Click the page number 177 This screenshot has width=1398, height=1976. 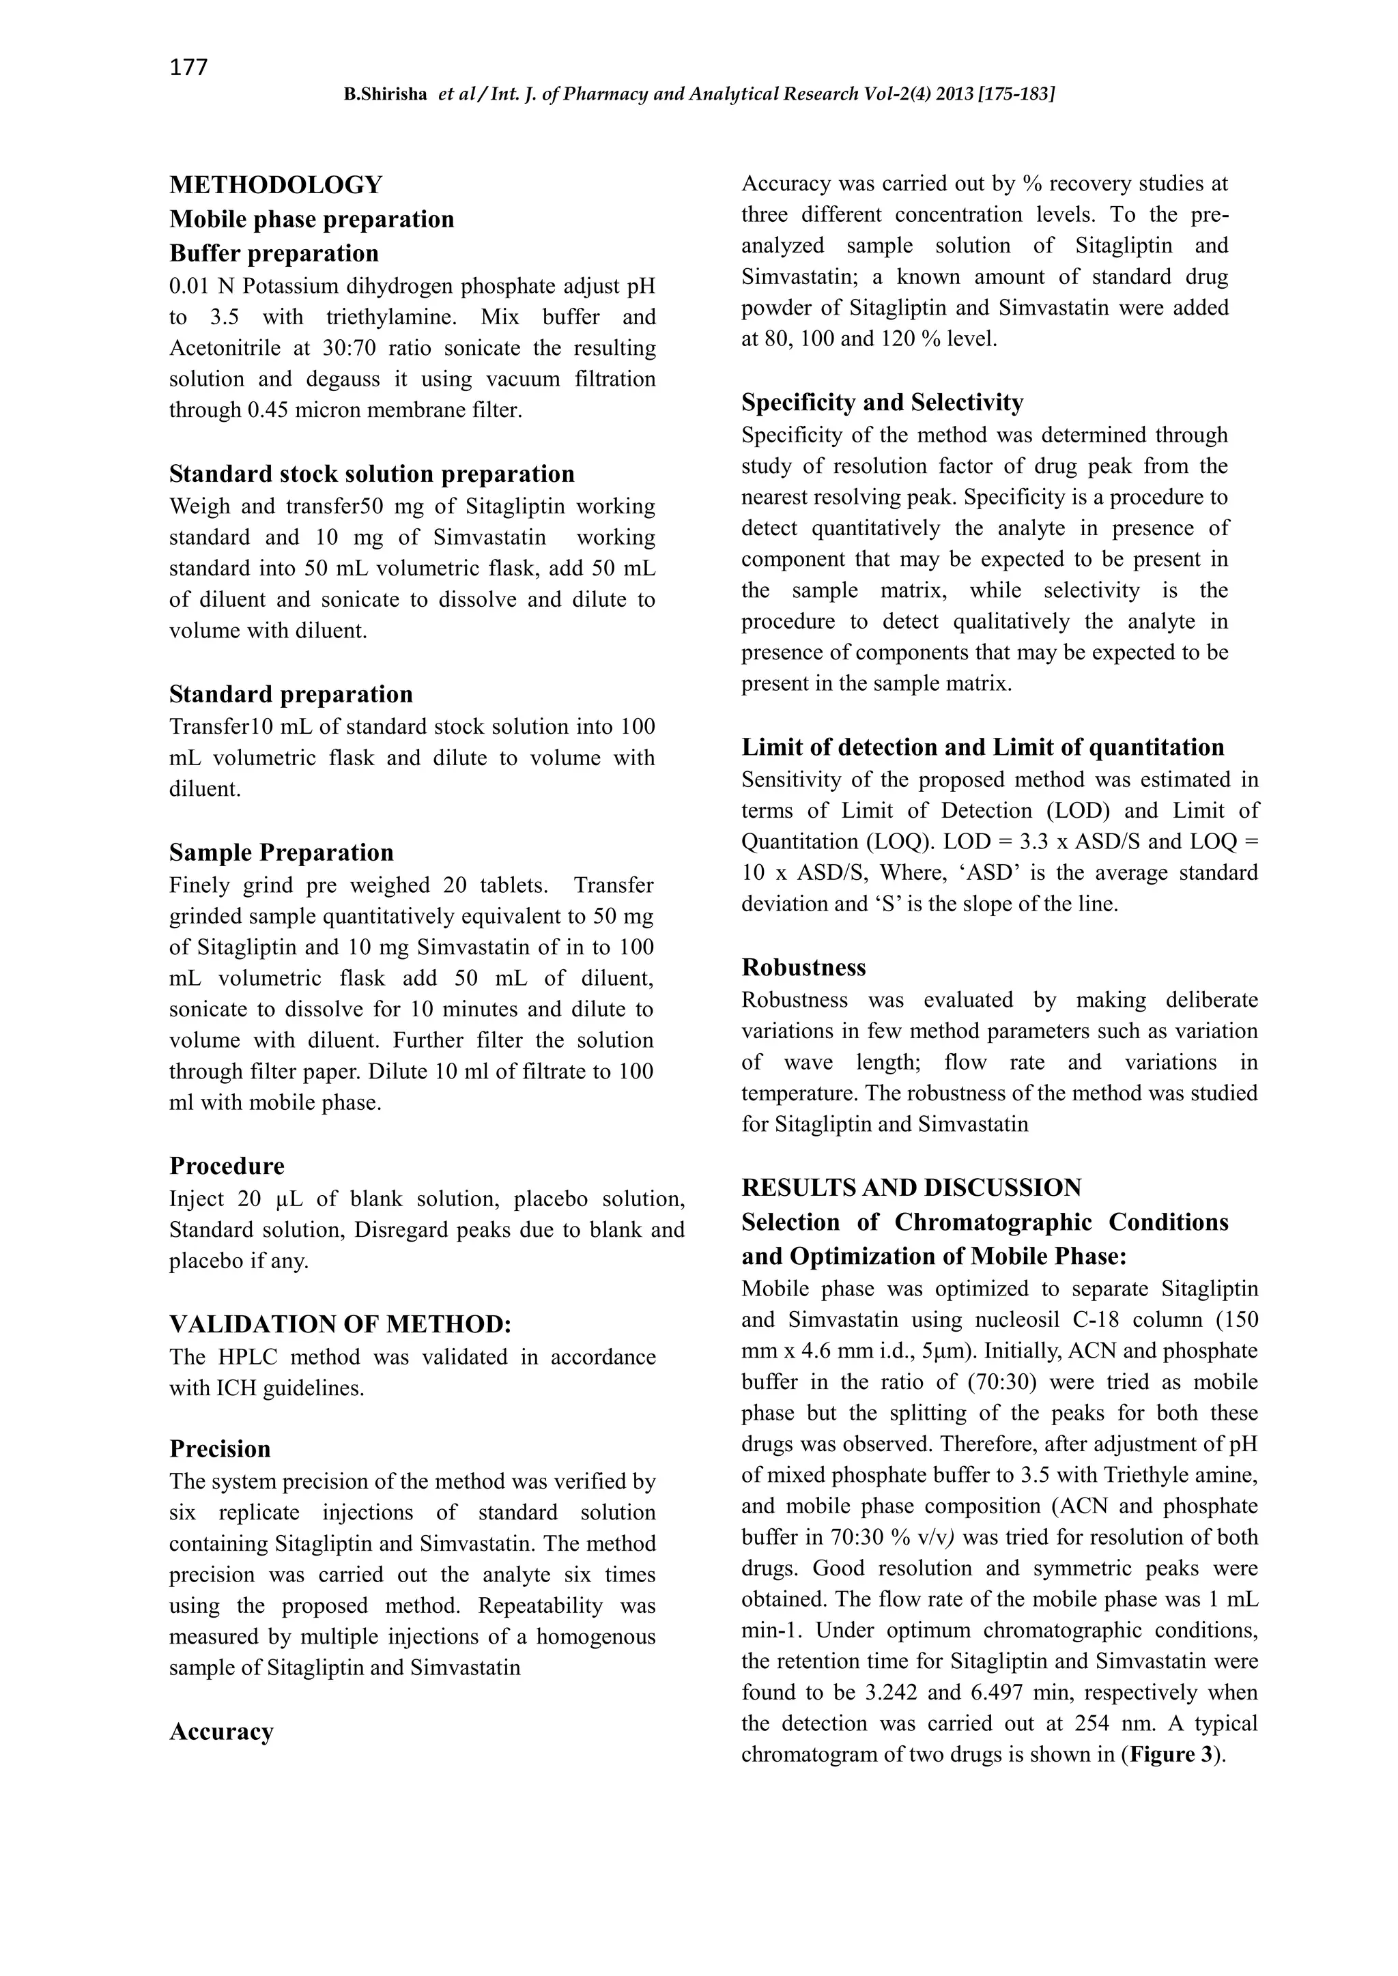point(188,67)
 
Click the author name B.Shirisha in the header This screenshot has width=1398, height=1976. point(385,95)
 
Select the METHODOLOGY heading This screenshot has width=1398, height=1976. point(276,185)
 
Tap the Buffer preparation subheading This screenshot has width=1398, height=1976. point(274,253)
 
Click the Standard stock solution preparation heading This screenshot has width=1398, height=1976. point(372,474)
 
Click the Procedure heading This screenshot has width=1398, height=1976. point(227,1166)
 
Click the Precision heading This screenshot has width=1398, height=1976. point(220,1449)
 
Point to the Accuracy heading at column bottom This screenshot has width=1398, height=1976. point(221,1732)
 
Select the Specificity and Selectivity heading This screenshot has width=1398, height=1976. point(883,403)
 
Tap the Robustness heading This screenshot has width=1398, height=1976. point(803,967)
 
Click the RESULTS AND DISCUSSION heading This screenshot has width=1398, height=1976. point(911,1188)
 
